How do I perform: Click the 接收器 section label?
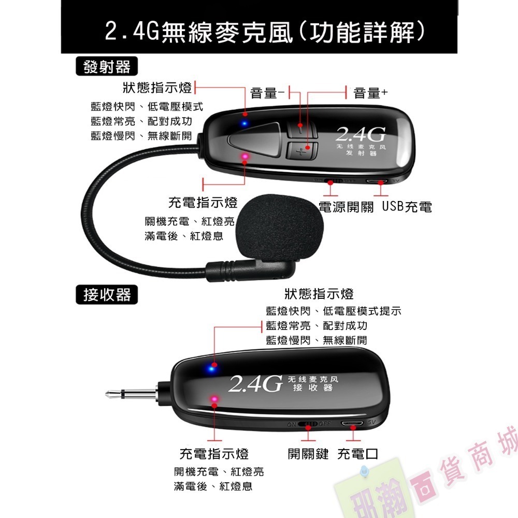[x=107, y=295]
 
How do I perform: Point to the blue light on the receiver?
[x=210, y=368]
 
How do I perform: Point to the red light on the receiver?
[x=213, y=398]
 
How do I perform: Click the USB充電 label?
[x=407, y=207]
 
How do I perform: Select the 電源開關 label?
[x=346, y=207]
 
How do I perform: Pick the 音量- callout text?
[x=267, y=93]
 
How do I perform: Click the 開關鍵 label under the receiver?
[x=308, y=454]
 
